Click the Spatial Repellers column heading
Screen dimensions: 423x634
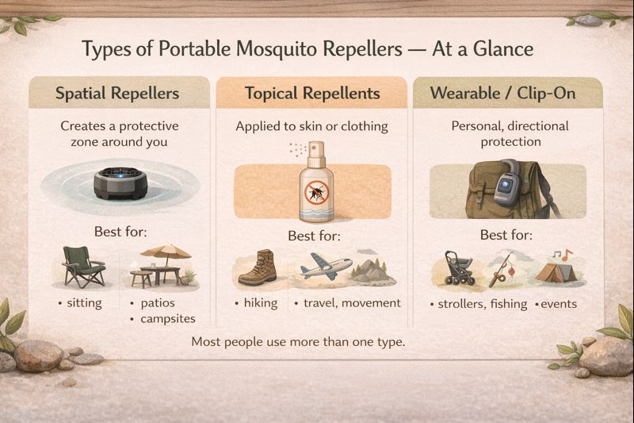(117, 93)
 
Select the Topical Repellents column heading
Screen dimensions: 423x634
(312, 93)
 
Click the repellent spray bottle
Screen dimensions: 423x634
(316, 183)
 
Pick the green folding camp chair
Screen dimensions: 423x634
(82, 267)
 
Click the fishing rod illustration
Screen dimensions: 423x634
(500, 271)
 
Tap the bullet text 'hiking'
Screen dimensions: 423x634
(260, 302)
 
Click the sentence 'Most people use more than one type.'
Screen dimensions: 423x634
(298, 343)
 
